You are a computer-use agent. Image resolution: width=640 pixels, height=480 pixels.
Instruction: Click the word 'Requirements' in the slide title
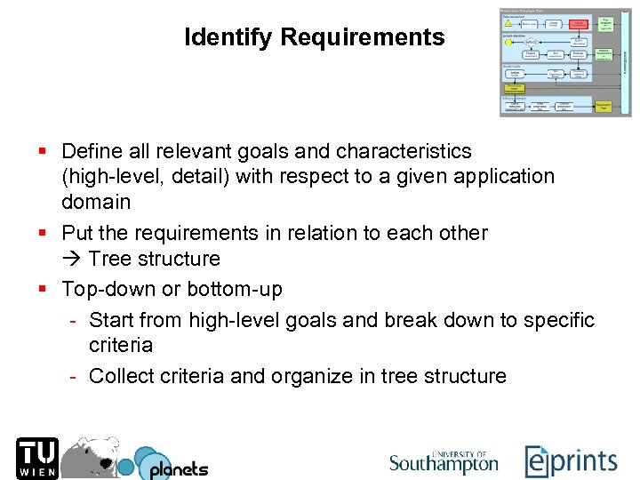[363, 37]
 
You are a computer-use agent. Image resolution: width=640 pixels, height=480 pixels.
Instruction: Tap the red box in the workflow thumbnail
[580, 24]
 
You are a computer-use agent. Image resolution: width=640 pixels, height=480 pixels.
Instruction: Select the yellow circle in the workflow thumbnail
[508, 42]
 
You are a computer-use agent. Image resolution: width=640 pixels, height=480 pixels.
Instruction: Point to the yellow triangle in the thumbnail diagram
[508, 23]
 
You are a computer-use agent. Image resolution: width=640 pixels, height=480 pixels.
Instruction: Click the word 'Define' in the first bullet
[92, 151]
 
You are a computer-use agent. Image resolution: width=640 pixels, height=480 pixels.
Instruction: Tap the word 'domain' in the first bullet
[96, 202]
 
